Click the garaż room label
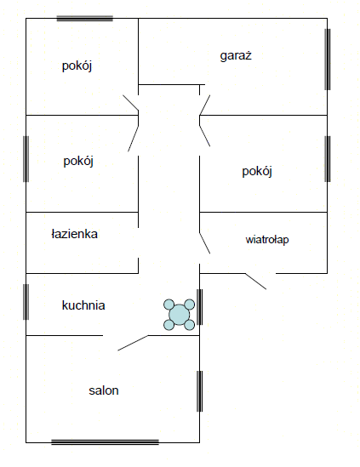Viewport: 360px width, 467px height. [236, 55]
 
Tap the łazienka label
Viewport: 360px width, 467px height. [75, 234]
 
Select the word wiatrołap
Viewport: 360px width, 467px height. [267, 240]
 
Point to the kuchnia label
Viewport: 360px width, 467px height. [83, 305]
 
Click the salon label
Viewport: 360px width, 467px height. [104, 390]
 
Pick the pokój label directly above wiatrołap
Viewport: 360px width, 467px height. [257, 172]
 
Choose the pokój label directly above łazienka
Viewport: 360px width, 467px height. [78, 162]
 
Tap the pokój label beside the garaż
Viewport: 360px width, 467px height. [77, 65]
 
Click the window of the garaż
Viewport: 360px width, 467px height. [327, 60]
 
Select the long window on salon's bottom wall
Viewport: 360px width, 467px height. [105, 442]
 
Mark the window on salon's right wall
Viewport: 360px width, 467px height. [199, 391]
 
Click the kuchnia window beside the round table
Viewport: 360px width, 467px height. [199, 307]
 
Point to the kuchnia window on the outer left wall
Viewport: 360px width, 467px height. [26, 302]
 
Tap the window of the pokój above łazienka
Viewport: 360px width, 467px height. [26, 159]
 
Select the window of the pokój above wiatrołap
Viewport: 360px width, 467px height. [327, 159]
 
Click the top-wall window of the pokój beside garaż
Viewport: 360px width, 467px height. [84, 18]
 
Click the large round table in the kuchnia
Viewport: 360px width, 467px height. [179, 315]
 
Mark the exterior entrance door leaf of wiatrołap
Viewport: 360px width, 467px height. [255, 282]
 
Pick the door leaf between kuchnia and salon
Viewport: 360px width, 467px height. [133, 343]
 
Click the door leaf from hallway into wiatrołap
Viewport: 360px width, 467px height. [205, 243]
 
